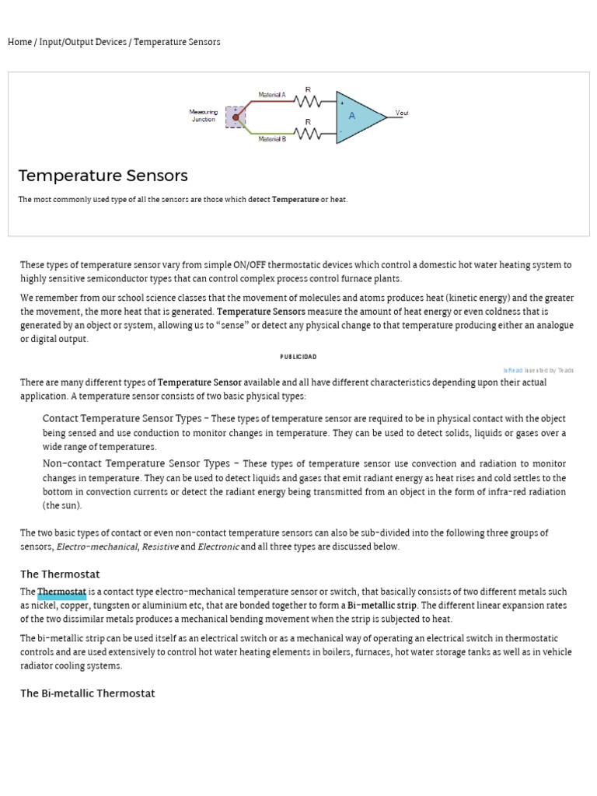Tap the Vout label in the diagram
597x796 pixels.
coord(402,113)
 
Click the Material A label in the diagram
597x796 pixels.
coord(272,95)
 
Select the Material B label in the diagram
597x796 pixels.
coord(272,139)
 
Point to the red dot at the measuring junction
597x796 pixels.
coord(236,117)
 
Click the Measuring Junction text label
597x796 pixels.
coord(204,116)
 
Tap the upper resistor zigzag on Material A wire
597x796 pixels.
coord(309,100)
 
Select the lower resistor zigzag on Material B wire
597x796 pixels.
coord(309,133)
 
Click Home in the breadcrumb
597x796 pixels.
coord(19,42)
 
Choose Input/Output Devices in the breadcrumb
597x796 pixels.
coord(82,42)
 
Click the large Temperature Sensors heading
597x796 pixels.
coord(103,176)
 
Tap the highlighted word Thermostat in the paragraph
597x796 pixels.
coord(61,592)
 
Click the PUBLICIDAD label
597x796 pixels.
coord(298,357)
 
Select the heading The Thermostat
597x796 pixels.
coord(60,574)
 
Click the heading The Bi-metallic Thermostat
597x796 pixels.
coord(87,693)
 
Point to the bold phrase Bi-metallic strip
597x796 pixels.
coord(382,605)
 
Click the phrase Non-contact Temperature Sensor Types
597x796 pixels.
coord(136,463)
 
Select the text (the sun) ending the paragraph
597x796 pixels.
coord(62,505)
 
